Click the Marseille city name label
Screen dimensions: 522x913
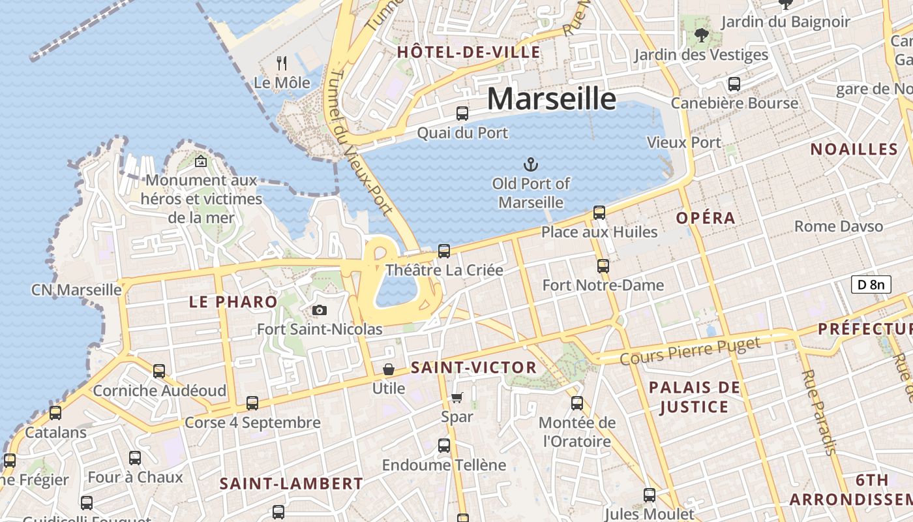coord(551,99)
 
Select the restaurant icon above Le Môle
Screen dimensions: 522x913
coord(282,63)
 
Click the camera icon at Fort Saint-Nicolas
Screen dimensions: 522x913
coord(319,310)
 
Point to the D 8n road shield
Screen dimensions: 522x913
coord(871,284)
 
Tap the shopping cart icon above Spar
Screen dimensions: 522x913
coord(457,397)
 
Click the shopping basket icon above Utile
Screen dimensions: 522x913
coord(389,369)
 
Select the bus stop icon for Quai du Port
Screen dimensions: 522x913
coord(462,113)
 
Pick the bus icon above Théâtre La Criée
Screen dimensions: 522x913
coord(444,251)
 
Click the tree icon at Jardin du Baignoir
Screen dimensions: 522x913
coord(702,35)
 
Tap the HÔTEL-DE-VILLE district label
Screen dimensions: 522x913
coord(468,52)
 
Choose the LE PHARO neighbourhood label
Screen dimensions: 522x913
coord(233,301)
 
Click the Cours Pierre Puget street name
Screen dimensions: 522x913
coord(689,351)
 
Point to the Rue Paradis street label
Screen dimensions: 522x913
coord(818,412)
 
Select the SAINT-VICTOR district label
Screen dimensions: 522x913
coord(473,367)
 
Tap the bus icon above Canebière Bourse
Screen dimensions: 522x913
coord(734,84)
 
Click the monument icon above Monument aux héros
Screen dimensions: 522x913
coord(201,161)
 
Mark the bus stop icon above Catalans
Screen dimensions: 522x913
coord(55,412)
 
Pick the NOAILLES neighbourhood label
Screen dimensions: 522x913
coord(854,149)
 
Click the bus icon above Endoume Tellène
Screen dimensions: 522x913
coord(444,446)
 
